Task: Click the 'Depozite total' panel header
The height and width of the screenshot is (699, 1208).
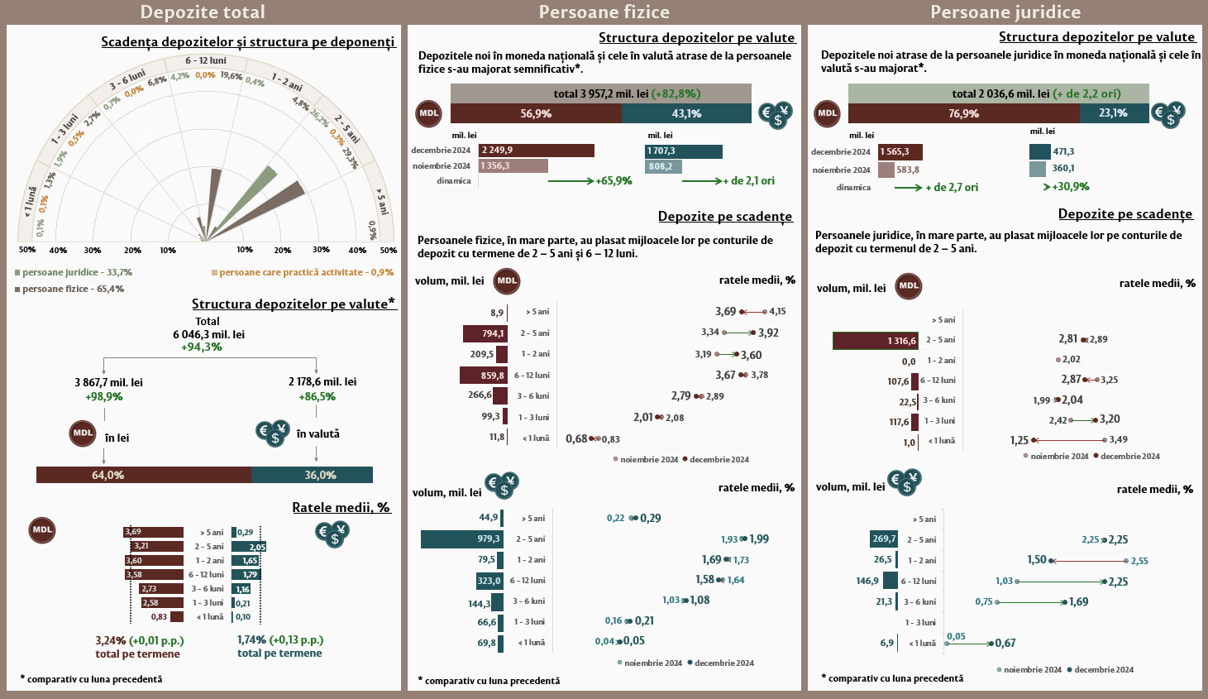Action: (x=203, y=12)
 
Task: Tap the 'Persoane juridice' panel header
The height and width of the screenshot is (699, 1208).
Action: (x=1005, y=12)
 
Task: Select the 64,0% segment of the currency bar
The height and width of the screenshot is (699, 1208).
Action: (x=143, y=475)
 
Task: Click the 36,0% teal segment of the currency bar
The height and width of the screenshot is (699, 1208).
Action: (x=312, y=475)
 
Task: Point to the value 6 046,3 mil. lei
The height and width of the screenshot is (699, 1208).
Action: (x=208, y=334)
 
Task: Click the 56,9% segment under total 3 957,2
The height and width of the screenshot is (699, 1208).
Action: (x=536, y=113)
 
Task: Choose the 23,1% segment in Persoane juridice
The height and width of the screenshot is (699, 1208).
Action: (x=1113, y=113)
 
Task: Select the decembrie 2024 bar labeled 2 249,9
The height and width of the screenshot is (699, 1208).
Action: (x=536, y=151)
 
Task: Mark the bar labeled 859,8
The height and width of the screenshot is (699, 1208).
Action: (x=484, y=375)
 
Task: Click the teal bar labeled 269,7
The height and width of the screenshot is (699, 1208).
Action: (x=884, y=539)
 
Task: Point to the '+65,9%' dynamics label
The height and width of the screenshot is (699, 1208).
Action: (x=614, y=181)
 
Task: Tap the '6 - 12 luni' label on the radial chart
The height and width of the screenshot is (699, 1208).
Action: (x=205, y=60)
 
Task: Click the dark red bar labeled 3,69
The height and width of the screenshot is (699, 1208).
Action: (x=153, y=532)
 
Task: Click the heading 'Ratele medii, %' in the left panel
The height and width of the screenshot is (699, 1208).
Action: (x=341, y=507)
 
